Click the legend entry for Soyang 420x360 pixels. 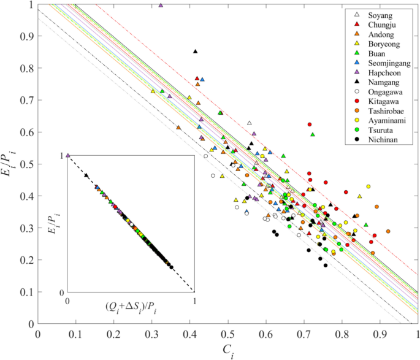(x=381, y=15)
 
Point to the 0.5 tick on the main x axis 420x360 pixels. (x=228, y=323)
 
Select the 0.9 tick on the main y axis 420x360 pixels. (x=38, y=37)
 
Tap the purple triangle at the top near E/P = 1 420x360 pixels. (x=161, y=5)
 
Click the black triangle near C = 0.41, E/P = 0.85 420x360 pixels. (x=196, y=52)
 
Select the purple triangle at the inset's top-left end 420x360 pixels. (x=68, y=156)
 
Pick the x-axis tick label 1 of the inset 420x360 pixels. (x=194, y=301)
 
